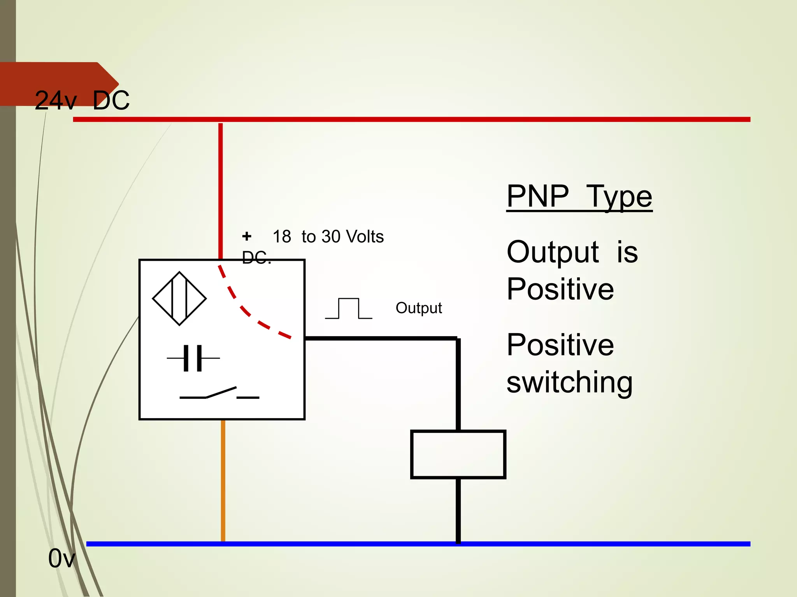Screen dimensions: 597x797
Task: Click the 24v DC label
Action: [82, 100]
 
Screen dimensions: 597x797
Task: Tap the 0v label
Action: [61, 559]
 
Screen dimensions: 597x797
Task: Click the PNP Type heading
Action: [579, 196]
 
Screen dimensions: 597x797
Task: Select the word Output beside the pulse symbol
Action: [419, 308]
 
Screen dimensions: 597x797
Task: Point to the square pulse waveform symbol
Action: [349, 309]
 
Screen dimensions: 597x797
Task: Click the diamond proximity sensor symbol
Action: [179, 298]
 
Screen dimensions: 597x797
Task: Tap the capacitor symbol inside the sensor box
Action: [193, 358]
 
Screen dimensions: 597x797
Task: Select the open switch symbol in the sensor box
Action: [219, 393]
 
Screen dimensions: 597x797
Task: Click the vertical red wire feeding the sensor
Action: [221, 190]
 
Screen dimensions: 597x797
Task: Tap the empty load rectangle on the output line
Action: [458, 454]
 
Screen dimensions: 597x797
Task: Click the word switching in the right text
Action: [569, 382]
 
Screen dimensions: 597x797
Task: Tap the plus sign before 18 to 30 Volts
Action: [247, 236]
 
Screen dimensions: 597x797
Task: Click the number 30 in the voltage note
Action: [331, 236]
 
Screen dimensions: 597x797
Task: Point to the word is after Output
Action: [627, 252]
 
